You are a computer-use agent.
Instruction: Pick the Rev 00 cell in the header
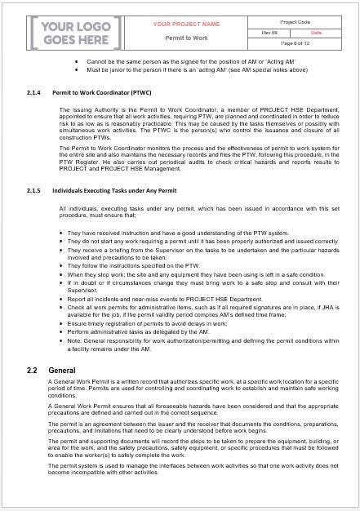(266, 32)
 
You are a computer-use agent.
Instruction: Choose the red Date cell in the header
(315, 32)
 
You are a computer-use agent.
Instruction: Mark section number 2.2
(32, 370)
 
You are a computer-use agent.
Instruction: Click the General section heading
(62, 370)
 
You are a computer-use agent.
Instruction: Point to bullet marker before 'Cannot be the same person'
(77, 61)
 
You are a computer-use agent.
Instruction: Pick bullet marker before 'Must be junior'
(77, 69)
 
